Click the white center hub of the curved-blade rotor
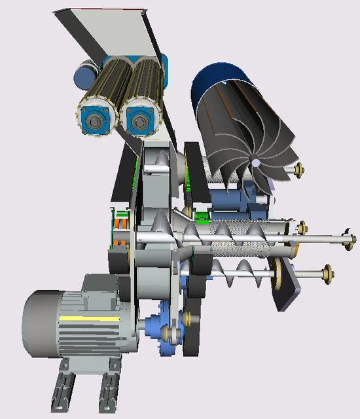(257, 163)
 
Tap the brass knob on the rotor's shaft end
(300, 170)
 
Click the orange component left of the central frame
(119, 232)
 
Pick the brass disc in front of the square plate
(278, 274)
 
